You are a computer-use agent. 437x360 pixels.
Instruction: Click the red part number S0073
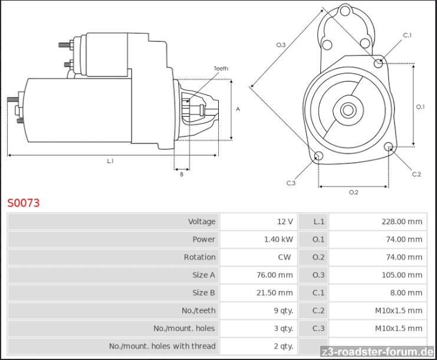24,203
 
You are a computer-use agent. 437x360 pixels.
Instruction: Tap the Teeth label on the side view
221,68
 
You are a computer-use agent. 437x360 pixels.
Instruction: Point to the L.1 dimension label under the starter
110,161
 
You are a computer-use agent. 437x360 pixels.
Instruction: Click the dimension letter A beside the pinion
238,109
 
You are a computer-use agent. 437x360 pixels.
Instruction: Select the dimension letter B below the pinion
182,174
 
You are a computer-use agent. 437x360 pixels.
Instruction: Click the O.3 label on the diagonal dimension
281,45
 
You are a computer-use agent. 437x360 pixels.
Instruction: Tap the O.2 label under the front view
353,192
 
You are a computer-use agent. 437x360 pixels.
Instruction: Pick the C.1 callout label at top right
407,35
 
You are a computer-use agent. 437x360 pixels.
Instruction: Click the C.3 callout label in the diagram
291,183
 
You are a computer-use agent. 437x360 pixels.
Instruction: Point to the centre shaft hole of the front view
348,110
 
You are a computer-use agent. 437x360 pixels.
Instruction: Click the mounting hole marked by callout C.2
389,147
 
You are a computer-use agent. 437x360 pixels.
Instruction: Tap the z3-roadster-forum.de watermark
377,351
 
